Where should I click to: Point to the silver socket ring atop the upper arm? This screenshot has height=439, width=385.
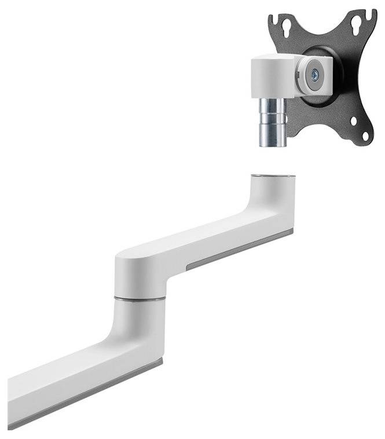coord(272,174)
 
